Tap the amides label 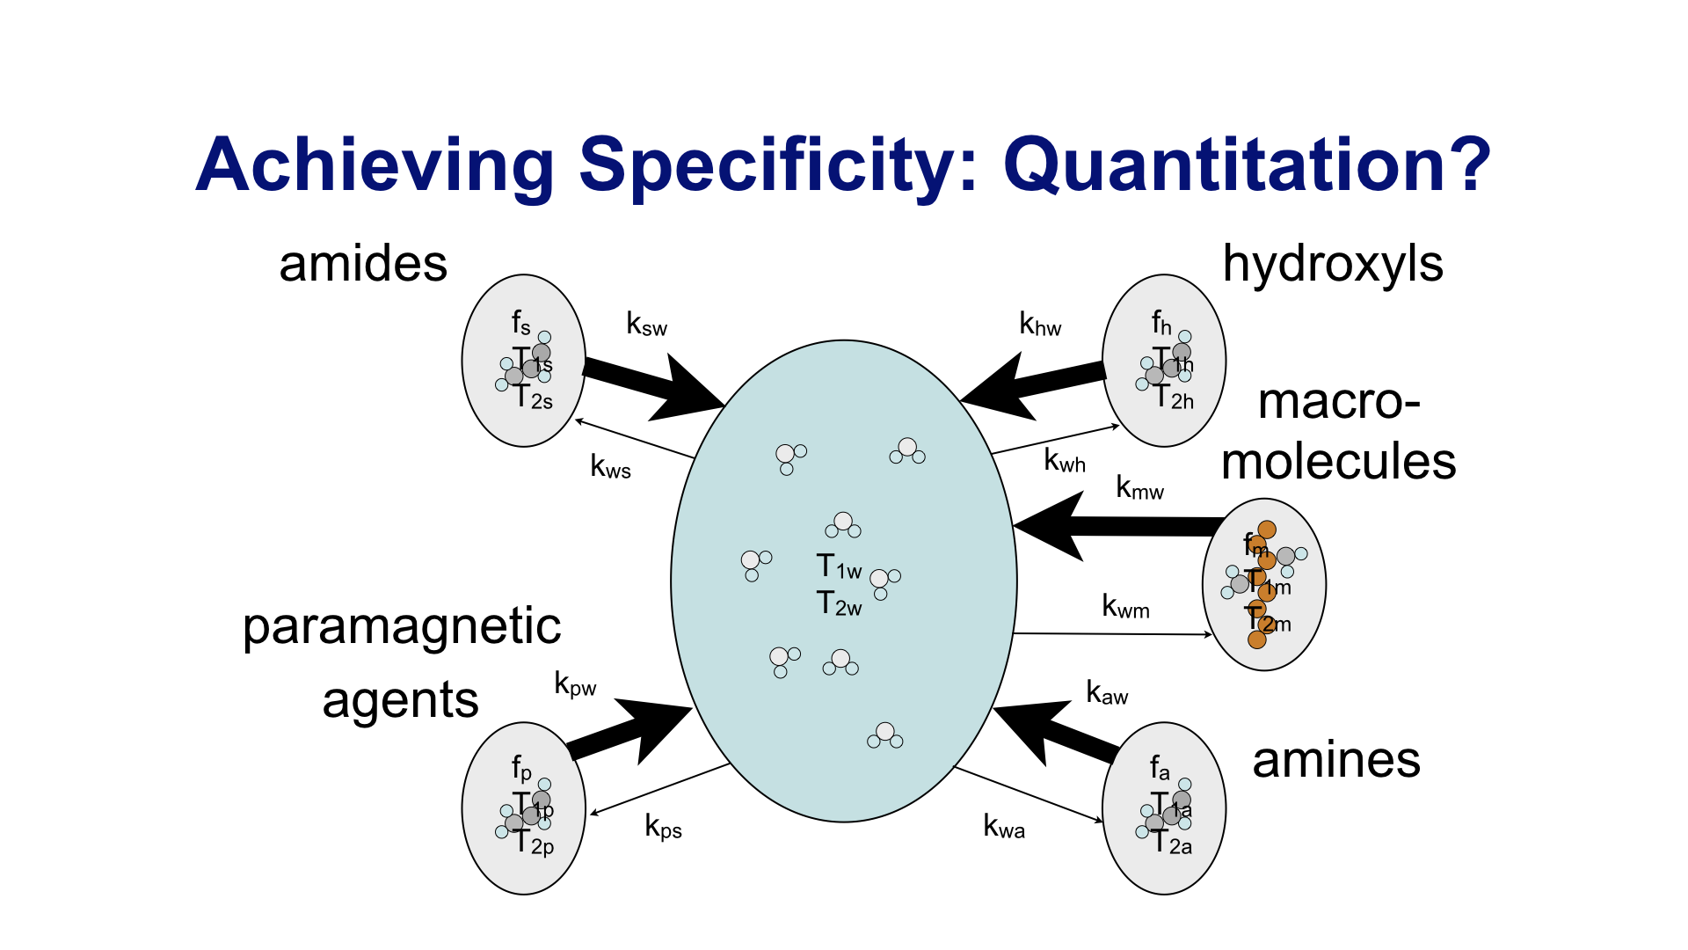(x=363, y=264)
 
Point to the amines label (x=1336, y=761)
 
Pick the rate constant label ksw (x=646, y=325)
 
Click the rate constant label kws (x=610, y=466)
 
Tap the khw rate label (x=1040, y=325)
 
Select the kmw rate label (x=1139, y=487)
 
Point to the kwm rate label (x=1125, y=606)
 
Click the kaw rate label (x=1107, y=693)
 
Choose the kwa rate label (x=1004, y=827)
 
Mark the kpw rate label (x=575, y=684)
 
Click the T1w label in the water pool (x=839, y=567)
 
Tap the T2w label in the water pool (x=839, y=604)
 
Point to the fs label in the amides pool (x=521, y=324)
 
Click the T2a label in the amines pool (x=1172, y=843)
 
